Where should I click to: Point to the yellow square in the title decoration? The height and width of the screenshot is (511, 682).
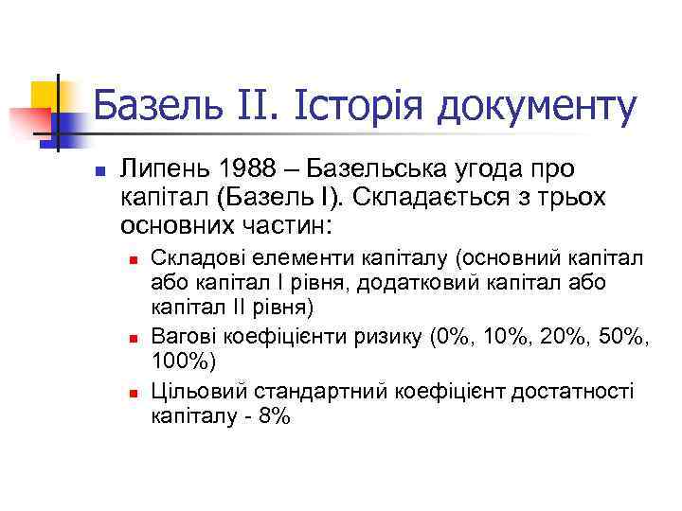coord(45,95)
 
